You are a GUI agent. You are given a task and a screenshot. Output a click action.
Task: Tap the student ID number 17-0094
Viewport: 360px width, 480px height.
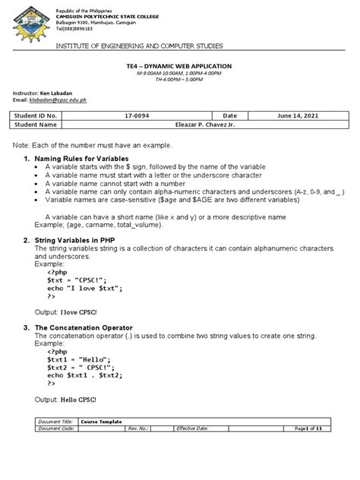(155, 115)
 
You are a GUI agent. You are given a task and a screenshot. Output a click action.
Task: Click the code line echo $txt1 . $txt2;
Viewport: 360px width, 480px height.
(84, 375)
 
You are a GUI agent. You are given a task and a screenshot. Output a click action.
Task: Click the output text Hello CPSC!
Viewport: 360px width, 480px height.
(74, 399)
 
